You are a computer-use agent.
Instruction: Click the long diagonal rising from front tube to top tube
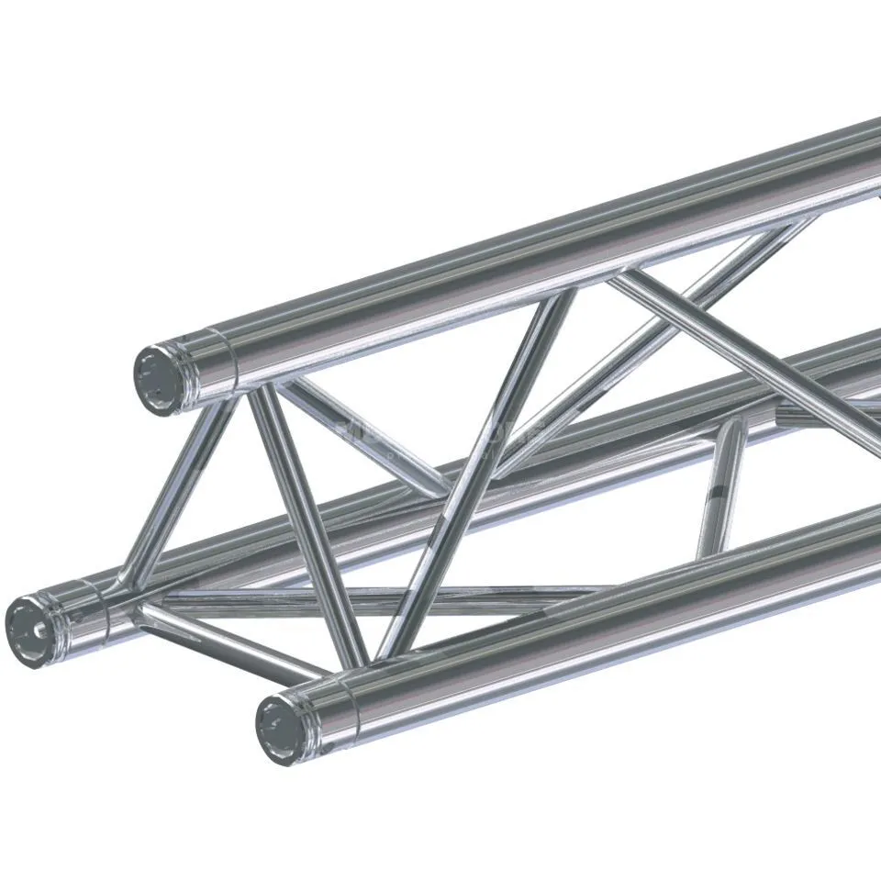477,477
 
